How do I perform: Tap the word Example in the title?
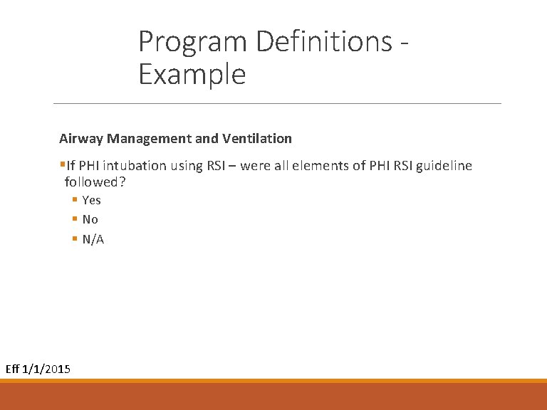[192, 74]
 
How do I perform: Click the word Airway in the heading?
[81, 138]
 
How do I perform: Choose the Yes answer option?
[92, 200]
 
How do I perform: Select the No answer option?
[90, 219]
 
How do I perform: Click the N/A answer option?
[93, 239]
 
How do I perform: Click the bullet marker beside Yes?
[74, 200]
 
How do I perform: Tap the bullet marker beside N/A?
[74, 239]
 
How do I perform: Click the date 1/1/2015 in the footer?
[47, 369]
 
